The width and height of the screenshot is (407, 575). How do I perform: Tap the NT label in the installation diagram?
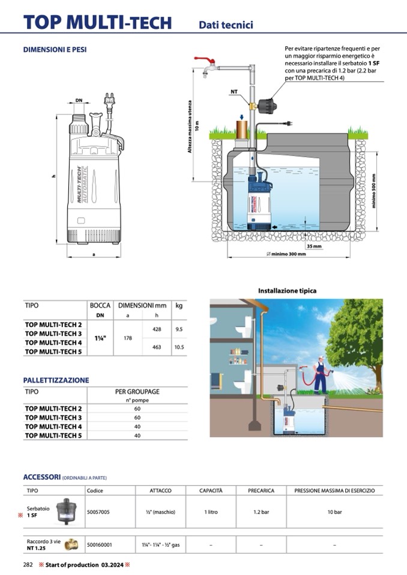[234, 92]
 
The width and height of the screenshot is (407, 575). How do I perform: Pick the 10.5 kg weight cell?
[179, 347]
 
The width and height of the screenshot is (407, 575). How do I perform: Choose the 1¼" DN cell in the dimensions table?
[100, 338]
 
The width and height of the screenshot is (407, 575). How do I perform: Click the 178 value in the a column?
[127, 338]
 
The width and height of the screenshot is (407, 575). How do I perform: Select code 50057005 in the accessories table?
[98, 513]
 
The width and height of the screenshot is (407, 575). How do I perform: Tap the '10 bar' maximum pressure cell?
[334, 513]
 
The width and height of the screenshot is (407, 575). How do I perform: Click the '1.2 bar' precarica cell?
[261, 513]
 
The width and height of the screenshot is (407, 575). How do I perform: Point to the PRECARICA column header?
[261, 490]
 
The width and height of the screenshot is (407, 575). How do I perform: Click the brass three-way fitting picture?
[71, 544]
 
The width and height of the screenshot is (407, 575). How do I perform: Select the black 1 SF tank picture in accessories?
[65, 511]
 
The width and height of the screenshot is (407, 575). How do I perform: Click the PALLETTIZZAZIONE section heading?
[56, 380]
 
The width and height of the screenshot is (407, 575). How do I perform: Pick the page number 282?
[28, 565]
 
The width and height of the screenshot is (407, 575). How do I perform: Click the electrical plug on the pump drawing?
[110, 100]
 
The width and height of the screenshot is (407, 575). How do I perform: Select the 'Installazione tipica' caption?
[287, 291]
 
